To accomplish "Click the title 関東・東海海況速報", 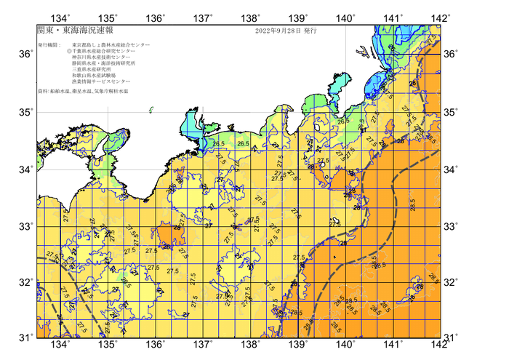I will [x=69, y=32].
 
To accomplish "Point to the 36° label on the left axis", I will [x=25, y=55].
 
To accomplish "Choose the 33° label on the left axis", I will [x=25, y=226].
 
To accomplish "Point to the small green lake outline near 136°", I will [x=152, y=111].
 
